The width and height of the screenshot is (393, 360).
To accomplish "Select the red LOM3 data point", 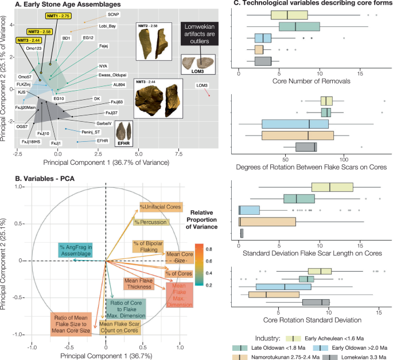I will pos(209,95).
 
